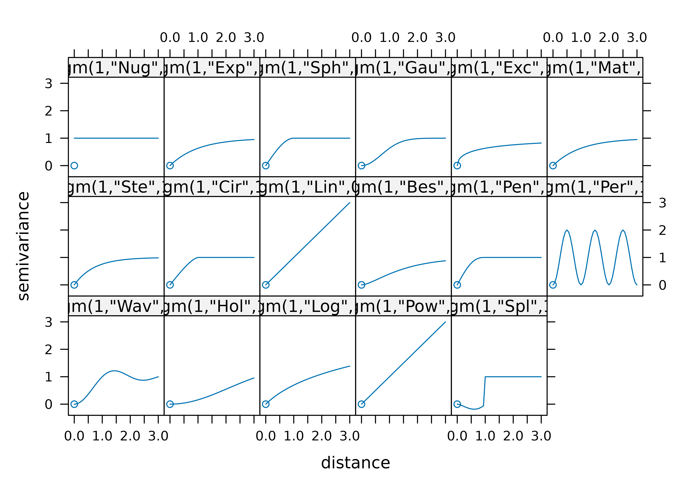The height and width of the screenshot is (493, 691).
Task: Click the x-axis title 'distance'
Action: (x=355, y=463)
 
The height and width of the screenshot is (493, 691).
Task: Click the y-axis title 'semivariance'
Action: (x=24, y=246)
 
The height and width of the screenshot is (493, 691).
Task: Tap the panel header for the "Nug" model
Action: (x=116, y=67)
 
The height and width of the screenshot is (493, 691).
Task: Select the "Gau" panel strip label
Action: (x=403, y=67)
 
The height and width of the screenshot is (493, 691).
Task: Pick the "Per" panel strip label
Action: (x=595, y=187)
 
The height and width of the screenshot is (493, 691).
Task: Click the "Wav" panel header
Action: (x=116, y=306)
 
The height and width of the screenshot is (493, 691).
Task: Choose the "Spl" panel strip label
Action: (x=499, y=306)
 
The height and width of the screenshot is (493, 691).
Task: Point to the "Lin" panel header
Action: (x=307, y=187)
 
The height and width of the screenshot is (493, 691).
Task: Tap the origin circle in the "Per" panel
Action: (x=553, y=285)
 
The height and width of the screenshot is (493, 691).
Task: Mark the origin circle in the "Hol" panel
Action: (x=170, y=404)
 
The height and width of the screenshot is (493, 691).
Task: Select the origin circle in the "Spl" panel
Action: (x=457, y=404)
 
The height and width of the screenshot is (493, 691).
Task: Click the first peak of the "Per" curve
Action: (x=567, y=230)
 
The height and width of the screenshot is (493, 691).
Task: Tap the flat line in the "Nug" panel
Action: (x=116, y=138)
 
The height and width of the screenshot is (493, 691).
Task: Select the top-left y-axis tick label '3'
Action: (x=49, y=83)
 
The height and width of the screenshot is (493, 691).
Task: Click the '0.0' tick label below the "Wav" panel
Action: (x=74, y=436)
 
